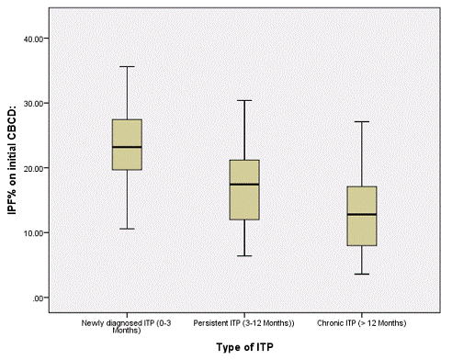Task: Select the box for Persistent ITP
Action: pos(244,189)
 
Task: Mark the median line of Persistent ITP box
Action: pos(244,185)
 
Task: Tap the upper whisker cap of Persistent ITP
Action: pos(244,100)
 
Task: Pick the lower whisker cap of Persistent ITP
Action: pos(244,255)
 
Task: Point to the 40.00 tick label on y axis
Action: pos(36,39)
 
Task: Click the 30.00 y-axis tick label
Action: pos(36,103)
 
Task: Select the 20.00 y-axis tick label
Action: pos(36,168)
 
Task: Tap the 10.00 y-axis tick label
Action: pos(36,233)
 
